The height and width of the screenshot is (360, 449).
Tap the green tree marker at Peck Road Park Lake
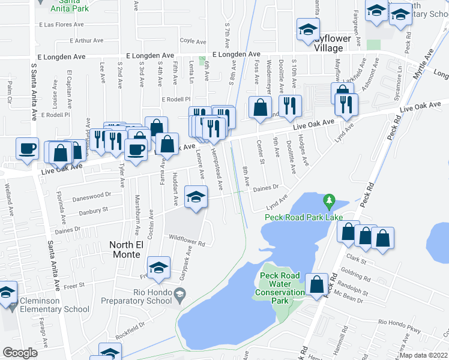click(328, 199)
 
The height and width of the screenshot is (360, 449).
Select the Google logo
click(20, 353)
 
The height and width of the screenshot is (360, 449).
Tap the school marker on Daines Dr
click(196, 197)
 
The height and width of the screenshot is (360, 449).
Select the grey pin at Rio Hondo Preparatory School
click(179, 294)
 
